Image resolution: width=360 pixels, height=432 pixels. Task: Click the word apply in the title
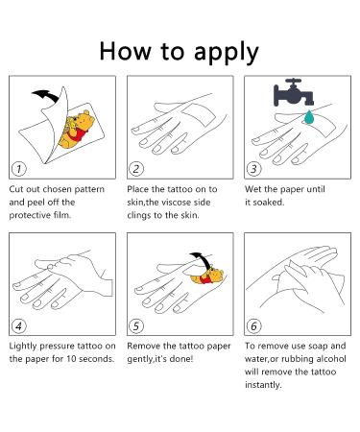(227, 53)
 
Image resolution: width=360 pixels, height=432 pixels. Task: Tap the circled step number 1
(19, 169)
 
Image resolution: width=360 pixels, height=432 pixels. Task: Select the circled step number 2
(136, 169)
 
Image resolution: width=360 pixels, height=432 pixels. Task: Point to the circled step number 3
(253, 169)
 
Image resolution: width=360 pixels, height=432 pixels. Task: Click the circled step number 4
(19, 325)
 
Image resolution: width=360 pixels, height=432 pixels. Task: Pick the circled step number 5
(136, 325)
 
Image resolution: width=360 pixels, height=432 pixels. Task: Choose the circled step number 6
(253, 325)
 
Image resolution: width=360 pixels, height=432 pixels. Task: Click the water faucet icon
(293, 92)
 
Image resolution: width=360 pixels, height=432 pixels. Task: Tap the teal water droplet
(309, 117)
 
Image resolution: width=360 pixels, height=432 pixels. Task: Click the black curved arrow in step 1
(48, 95)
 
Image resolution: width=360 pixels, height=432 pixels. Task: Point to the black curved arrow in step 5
(203, 259)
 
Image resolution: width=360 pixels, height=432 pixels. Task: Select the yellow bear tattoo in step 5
(208, 277)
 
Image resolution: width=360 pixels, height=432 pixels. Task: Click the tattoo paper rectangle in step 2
(199, 114)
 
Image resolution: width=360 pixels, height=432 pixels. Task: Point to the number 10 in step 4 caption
(71, 359)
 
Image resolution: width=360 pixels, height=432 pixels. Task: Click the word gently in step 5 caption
(139, 360)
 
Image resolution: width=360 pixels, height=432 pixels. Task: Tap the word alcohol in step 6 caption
(331, 359)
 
